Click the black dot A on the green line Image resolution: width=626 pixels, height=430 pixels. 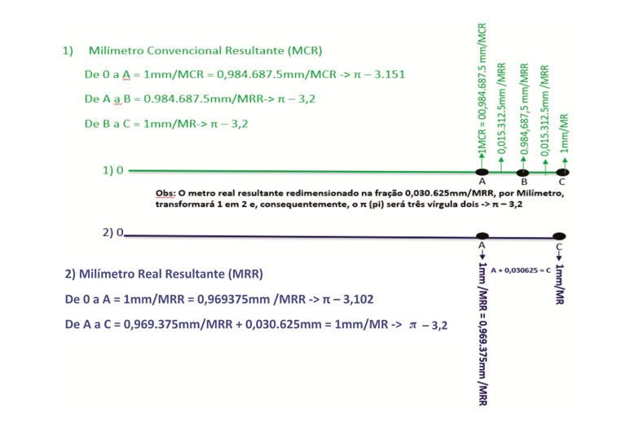(x=483, y=172)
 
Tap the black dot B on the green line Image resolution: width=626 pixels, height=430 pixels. (x=523, y=172)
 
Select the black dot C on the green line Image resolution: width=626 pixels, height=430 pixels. (x=563, y=172)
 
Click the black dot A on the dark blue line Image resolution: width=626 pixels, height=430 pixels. (x=483, y=235)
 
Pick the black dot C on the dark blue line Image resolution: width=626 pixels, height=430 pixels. (x=559, y=236)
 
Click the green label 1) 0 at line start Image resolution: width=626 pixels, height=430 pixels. (x=113, y=171)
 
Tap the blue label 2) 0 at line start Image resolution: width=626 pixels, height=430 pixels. (x=113, y=233)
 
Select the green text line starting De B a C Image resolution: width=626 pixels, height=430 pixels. (x=166, y=124)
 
